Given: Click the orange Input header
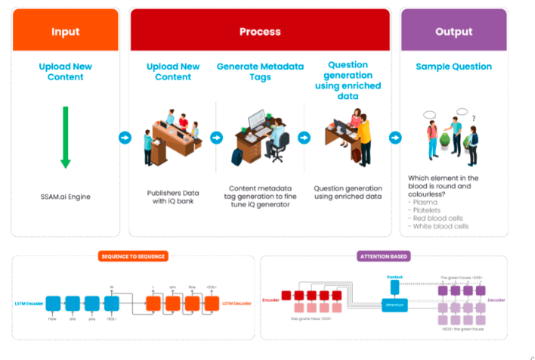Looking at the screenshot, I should [65, 32].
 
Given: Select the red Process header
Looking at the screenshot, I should [260, 32].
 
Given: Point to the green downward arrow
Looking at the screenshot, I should [66, 137].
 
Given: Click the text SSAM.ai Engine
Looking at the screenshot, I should [66, 196].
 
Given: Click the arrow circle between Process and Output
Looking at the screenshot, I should [394, 138].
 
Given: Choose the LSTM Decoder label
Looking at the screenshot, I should [235, 303].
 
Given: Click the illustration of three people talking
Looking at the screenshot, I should [452, 136].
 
